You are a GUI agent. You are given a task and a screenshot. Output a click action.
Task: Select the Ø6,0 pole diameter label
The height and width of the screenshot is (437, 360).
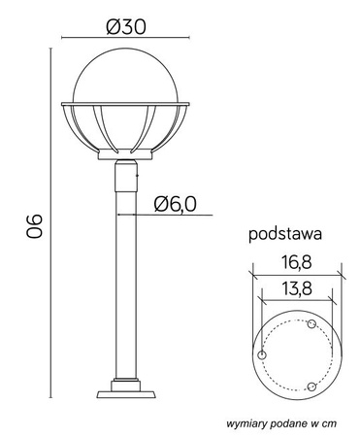176,203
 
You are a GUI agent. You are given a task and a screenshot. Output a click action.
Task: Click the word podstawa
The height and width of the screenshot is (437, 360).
285,234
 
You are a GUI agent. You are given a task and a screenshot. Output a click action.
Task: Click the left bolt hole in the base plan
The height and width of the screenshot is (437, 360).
261,356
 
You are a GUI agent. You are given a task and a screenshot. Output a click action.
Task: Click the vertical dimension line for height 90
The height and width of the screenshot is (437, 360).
48,223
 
